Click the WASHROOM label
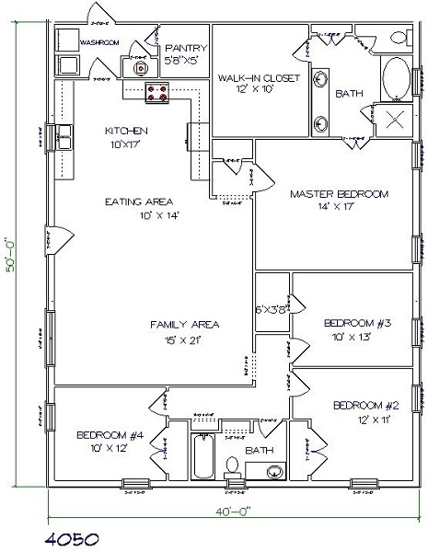(x=101, y=42)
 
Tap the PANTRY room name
(x=185, y=48)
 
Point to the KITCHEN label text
(x=126, y=131)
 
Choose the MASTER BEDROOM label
(x=339, y=195)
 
